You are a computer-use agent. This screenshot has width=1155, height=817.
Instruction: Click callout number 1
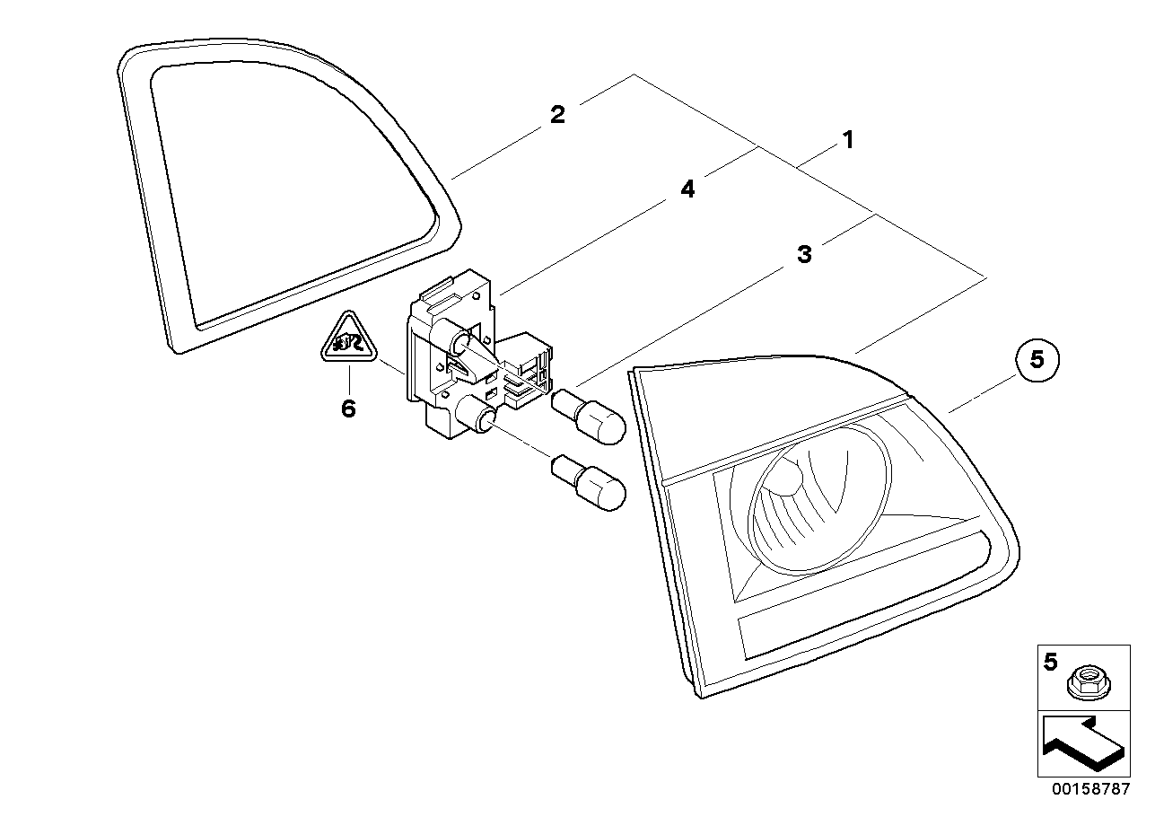845,140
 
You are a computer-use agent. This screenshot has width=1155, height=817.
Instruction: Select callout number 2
557,115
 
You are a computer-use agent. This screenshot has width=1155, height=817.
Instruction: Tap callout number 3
804,254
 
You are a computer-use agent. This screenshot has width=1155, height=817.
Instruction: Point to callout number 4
687,189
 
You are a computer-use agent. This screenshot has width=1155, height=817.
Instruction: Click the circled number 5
1037,360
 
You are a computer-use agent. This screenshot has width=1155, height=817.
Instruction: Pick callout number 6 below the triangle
348,409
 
